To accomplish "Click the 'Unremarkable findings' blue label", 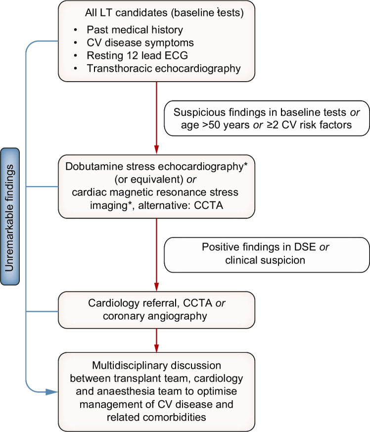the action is point(10,217).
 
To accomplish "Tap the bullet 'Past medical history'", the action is point(135,30).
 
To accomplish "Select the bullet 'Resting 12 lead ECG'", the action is point(137,55).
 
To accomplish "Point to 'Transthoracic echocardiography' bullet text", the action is point(164,68).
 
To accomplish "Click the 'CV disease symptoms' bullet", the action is point(140,43).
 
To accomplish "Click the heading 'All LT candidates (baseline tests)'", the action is point(164,13).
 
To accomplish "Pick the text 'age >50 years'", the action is point(215,125).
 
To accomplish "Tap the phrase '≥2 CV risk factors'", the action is point(308,125).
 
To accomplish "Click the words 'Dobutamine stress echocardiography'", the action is point(154,166).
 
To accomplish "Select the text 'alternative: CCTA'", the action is point(181,205).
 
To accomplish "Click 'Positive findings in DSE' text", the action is point(259,247).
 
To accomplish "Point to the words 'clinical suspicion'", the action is point(265,260).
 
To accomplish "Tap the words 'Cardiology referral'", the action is point(134,303).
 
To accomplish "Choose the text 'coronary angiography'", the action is point(155,316).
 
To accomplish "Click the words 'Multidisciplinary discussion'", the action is point(156,365).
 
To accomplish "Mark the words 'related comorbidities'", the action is point(156,417).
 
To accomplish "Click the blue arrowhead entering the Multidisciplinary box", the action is point(52,392).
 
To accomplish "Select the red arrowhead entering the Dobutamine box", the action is point(156,149).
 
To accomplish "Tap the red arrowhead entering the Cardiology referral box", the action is point(156,287).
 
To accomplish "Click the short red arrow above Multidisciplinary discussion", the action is point(156,340).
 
